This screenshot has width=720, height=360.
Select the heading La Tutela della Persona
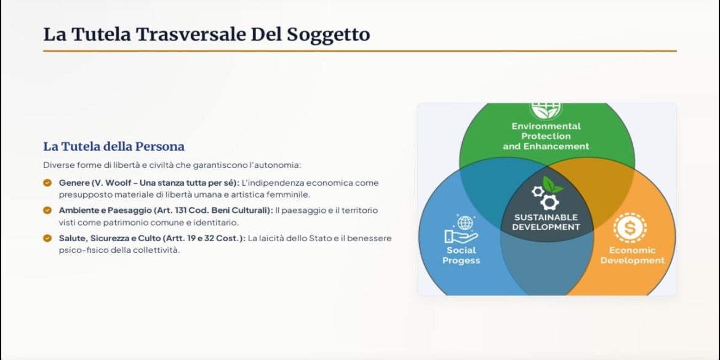click(x=114, y=146)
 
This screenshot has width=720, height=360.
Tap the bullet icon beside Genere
click(x=47, y=183)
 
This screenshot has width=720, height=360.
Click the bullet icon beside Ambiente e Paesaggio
click(x=47, y=210)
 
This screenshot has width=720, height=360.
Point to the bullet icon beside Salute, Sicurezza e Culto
click(x=47, y=238)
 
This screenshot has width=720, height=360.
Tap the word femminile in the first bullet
click(x=292, y=194)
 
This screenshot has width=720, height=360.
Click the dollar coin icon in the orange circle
click(x=630, y=227)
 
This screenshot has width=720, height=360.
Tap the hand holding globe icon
click(x=461, y=229)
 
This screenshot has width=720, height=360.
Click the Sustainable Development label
click(x=546, y=222)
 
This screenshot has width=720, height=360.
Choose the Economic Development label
click(x=632, y=255)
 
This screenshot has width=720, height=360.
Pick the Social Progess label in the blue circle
click(x=462, y=255)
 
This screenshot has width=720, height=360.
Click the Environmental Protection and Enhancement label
click(x=546, y=137)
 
